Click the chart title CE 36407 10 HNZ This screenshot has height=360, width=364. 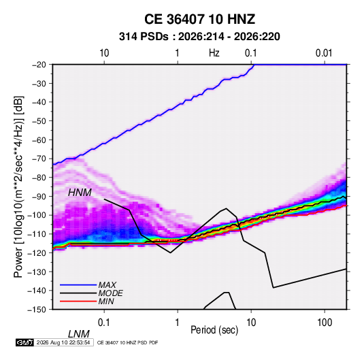tap(199, 19)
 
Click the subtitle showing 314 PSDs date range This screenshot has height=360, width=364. tap(199, 37)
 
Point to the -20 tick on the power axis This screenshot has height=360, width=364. tap(39, 65)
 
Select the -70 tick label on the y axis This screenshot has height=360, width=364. tap(39, 159)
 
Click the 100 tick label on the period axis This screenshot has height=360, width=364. tap(325, 323)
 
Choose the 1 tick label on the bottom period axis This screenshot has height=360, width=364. tap(178, 323)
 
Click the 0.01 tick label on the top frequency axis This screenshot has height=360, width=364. tap(324, 53)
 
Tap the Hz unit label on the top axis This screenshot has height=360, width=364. tap(214, 53)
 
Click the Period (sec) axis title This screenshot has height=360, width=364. tap(214, 330)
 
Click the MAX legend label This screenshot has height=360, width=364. tap(107, 285)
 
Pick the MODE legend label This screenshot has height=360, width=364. tap(110, 293)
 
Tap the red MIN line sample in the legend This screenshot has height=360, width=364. tap(78, 301)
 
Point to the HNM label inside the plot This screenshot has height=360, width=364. tap(80, 193)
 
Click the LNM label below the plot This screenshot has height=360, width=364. tap(79, 334)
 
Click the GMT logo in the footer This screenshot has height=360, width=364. tap(24, 342)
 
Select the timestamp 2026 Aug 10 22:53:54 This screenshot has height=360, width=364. tap(63, 342)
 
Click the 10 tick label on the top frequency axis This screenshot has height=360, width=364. tap(104, 53)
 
